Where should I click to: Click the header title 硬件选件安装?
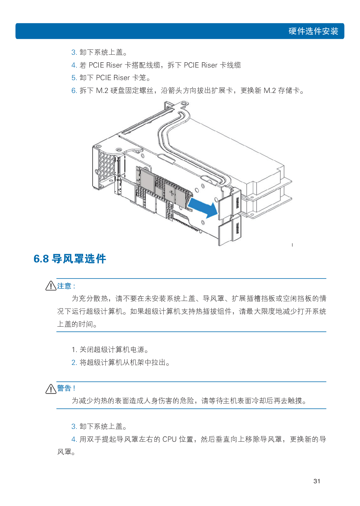313,31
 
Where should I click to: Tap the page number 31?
317,481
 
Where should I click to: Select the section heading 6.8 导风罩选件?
70,259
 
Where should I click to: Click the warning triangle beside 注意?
51,285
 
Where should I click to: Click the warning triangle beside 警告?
51,389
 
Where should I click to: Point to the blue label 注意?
64,286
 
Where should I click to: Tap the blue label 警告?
64,388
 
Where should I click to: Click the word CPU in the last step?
169,439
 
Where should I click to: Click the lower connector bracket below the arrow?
230,230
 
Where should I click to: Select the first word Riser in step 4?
114,65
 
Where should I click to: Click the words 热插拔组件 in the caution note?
213,311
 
